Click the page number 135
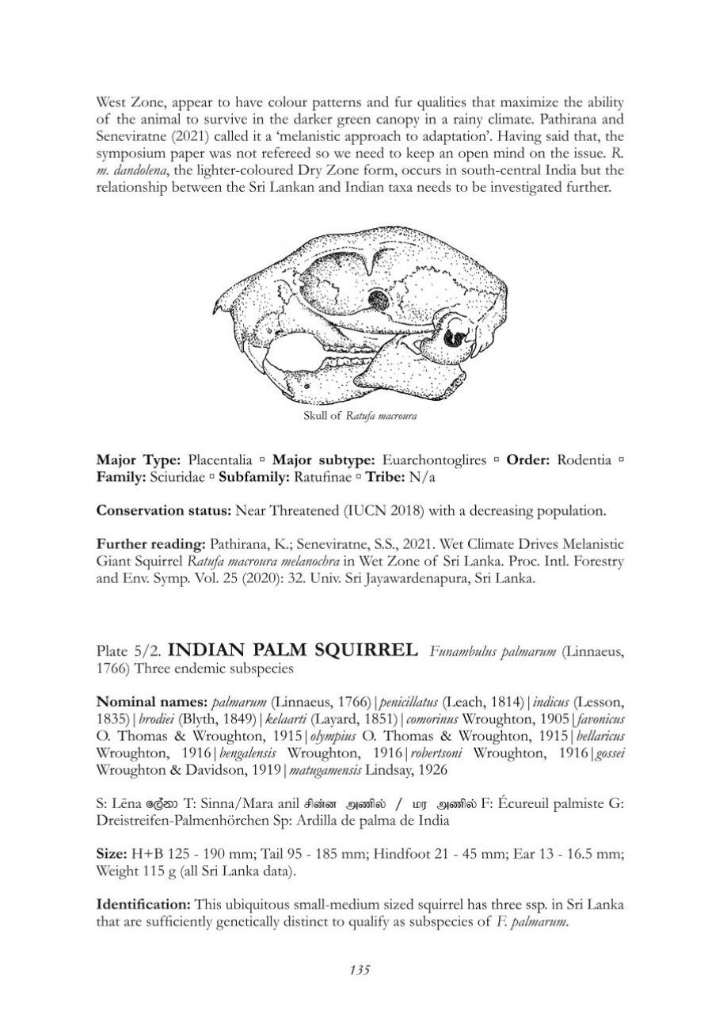click(359, 969)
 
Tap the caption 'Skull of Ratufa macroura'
click(360, 415)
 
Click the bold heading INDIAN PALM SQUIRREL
click(294, 651)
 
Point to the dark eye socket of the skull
click(378, 299)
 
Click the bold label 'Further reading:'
click(150, 545)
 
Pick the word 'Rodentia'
click(584, 459)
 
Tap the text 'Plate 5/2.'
click(129, 652)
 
